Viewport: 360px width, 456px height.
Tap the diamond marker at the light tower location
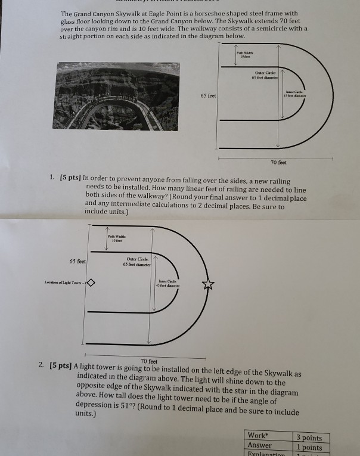[91, 283]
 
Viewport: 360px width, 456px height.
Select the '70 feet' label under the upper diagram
[278, 162]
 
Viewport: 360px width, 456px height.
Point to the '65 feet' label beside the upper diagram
[208, 95]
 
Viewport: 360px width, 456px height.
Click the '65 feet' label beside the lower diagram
[78, 261]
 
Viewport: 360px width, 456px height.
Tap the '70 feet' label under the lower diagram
[149, 361]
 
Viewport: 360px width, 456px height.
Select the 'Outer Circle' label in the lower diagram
[137, 260]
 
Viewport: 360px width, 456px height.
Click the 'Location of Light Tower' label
[65, 283]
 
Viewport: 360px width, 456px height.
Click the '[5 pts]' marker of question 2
[61, 365]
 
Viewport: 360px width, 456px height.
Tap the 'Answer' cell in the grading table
[260, 445]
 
